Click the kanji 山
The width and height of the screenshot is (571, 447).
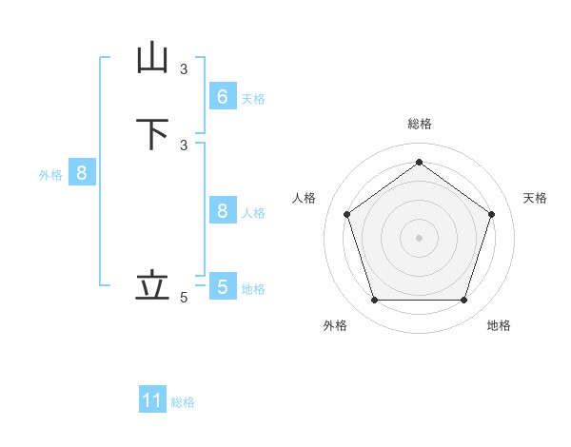coord(152,58)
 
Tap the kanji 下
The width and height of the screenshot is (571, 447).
coord(152,134)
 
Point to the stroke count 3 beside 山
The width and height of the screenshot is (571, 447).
coord(184,68)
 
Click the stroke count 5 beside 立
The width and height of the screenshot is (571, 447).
coord(184,298)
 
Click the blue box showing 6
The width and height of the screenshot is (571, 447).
coord(222,96)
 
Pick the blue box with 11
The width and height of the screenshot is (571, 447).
coord(152,400)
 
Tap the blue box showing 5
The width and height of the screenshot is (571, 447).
coord(222,286)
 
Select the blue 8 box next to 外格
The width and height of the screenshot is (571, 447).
coord(82,173)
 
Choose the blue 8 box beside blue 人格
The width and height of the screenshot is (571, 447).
coord(222,211)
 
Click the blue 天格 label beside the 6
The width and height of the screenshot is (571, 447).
coord(253,99)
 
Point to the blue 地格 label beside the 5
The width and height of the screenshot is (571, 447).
coord(253,289)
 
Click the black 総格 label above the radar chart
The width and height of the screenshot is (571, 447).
coord(419,124)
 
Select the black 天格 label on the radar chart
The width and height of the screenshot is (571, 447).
coord(536,198)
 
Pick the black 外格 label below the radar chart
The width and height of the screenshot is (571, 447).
coord(335,326)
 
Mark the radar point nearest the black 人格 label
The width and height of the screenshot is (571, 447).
coord(346,214)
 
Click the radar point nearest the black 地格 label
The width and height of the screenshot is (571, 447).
coord(463,301)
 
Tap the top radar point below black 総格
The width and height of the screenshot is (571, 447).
coord(419,162)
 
